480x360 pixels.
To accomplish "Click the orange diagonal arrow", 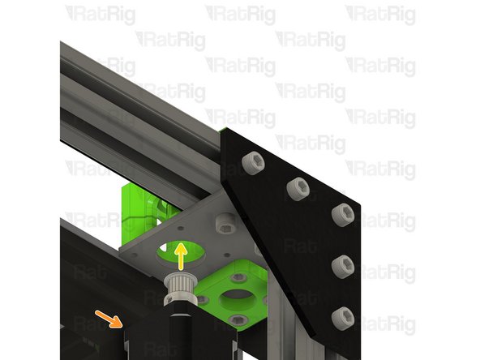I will (x=105, y=316).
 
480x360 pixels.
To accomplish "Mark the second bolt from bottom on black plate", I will (x=343, y=265).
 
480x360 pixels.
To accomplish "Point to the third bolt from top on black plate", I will (x=341, y=214).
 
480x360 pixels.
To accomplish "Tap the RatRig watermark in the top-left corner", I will (x=101, y=14).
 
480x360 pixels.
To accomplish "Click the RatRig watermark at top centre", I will (x=241, y=14).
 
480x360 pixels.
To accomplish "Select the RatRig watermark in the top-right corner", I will (x=381, y=14).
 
